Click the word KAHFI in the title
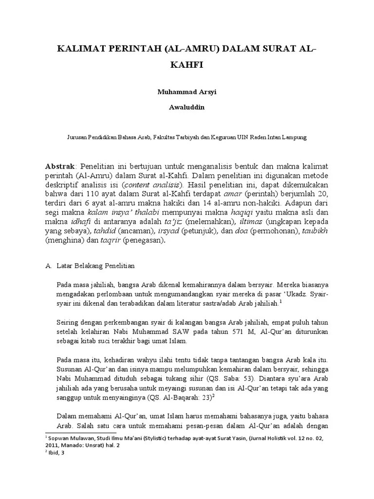[x=187, y=64]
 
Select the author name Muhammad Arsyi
[x=187, y=91]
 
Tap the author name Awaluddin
[x=187, y=107]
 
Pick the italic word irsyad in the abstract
[x=184, y=231]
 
